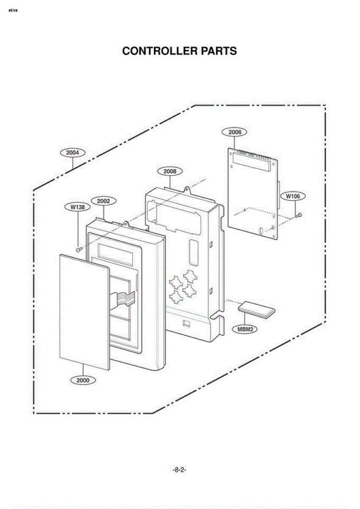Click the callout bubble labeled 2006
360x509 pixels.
pos(234,132)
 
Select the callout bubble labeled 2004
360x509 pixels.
pos(73,152)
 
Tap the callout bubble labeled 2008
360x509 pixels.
pos(170,171)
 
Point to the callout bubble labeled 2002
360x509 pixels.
pos(103,201)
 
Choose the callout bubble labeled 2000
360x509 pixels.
pos(83,380)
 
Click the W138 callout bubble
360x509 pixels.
pos(78,207)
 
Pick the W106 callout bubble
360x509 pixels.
pos(293,196)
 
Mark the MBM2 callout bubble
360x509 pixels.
pos(245,329)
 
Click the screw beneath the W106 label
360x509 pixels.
pos(299,216)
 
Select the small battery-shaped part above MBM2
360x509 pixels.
pos(256,311)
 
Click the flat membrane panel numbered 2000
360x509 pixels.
pos(84,312)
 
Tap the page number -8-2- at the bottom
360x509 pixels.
pos(180,470)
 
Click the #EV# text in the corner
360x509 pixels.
pos(12,10)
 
